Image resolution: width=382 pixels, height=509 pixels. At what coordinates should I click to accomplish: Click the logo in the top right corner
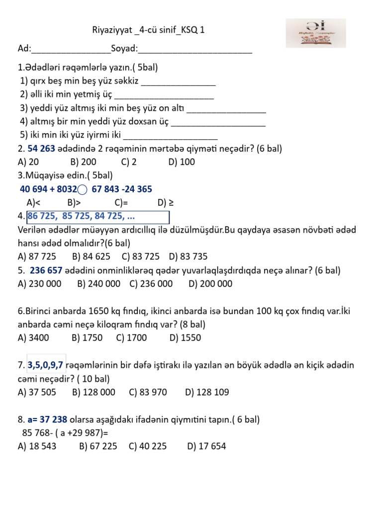click(x=315, y=33)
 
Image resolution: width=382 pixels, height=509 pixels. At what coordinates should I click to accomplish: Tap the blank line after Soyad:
click(x=195, y=50)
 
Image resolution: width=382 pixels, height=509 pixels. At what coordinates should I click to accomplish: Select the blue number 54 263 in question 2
click(x=41, y=149)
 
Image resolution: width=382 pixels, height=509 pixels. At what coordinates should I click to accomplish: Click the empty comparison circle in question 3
click(x=83, y=189)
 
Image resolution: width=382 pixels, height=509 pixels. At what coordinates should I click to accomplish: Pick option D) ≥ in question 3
click(x=166, y=202)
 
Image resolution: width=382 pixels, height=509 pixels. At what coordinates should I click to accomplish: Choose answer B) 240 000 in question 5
click(x=99, y=284)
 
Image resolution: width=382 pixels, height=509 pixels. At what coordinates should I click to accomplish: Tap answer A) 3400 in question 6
click(x=34, y=338)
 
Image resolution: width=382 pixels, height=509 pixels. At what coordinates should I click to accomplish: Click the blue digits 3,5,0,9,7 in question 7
click(x=45, y=365)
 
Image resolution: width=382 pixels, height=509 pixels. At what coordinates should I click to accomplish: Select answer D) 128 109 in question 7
click(x=207, y=392)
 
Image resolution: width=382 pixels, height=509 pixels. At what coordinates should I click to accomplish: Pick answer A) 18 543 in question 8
click(x=37, y=446)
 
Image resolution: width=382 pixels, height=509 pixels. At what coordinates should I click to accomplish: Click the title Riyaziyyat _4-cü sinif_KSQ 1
click(x=149, y=31)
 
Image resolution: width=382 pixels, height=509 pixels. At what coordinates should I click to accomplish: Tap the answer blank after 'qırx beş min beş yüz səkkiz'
click(x=179, y=82)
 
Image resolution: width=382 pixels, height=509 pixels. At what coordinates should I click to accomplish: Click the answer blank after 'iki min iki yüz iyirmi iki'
click(x=170, y=136)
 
